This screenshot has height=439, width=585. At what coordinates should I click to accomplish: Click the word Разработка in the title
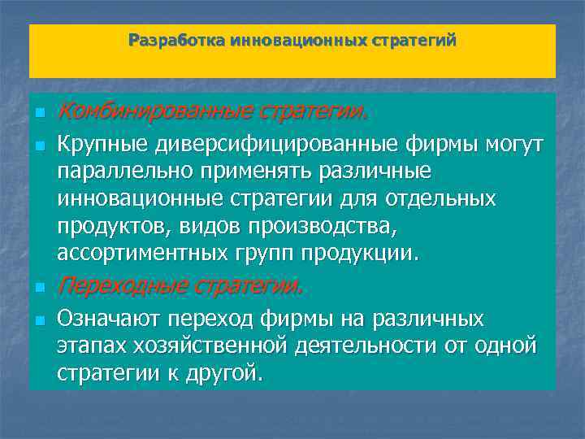pos(177,40)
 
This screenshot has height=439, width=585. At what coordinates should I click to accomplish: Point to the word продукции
pos(370,253)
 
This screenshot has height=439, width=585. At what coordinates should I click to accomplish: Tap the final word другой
pos(222,372)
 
